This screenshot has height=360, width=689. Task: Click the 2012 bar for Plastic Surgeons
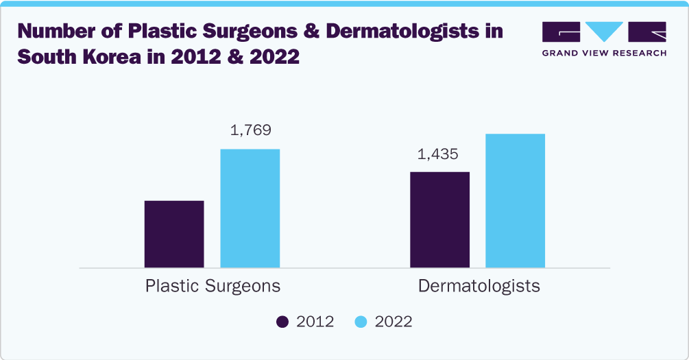tap(174, 234)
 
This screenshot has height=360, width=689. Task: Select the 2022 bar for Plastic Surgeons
tap(250, 208)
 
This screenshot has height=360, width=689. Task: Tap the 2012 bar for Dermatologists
tap(439, 219)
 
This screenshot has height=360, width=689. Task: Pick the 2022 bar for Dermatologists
tap(515, 200)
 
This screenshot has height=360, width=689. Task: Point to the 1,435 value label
tap(437, 155)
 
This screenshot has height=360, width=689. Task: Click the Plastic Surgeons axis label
tap(213, 285)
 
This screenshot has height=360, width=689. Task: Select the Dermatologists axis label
tap(479, 285)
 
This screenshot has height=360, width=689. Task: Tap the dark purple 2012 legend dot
tap(282, 322)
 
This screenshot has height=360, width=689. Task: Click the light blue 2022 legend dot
tap(361, 322)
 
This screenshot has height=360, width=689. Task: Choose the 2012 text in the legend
tap(315, 322)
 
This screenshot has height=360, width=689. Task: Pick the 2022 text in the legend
tap(394, 322)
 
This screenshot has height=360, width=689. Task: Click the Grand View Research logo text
tap(604, 53)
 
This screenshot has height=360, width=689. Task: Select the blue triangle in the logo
tap(604, 32)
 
